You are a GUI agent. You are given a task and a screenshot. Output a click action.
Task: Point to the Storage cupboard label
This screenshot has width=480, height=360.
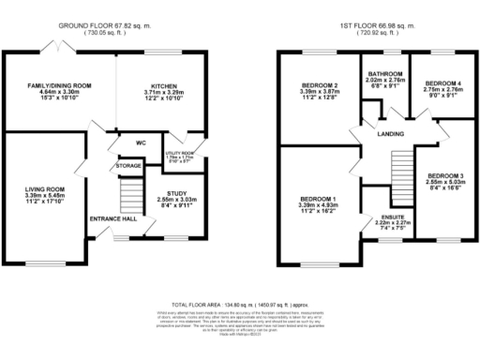pyautogui.click(x=128, y=166)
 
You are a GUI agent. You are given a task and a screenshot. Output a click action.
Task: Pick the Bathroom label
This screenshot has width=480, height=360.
pyautogui.click(x=385, y=74)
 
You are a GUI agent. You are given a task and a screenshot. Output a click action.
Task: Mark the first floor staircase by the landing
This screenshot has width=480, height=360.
pyautogui.click(x=400, y=169)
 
